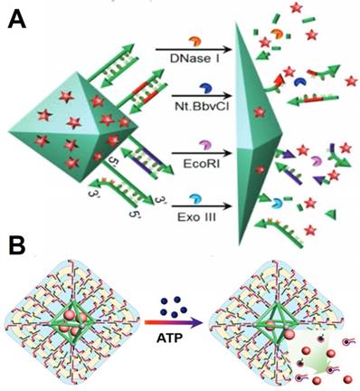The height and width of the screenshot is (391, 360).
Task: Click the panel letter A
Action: point(15,17)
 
